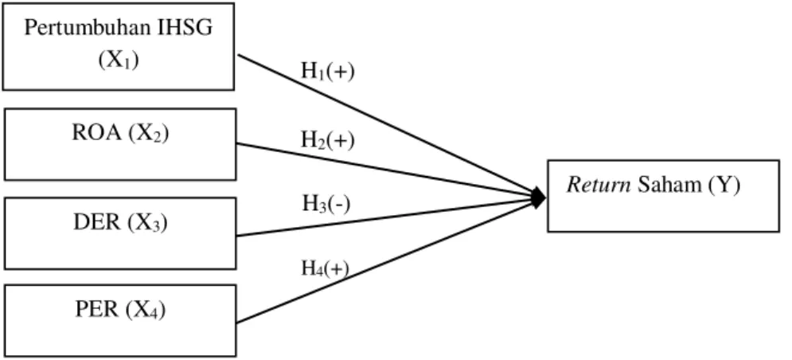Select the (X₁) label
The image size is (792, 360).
click(119, 61)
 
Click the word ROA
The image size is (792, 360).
click(96, 132)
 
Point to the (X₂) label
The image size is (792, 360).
click(148, 134)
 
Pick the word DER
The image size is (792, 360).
click(97, 222)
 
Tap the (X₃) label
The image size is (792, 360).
click(147, 223)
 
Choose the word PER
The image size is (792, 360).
click(97, 309)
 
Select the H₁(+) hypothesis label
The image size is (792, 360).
click(328, 72)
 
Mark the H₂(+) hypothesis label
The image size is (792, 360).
click(328, 140)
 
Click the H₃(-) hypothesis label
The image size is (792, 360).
click(326, 204)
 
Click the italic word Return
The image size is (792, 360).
click(599, 186)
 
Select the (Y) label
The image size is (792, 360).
click(724, 186)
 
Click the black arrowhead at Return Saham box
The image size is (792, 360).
click(538, 198)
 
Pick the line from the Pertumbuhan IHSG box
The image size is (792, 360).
click(386, 124)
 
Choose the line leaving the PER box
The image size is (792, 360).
click(386, 261)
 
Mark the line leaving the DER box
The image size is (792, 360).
click(386, 217)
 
